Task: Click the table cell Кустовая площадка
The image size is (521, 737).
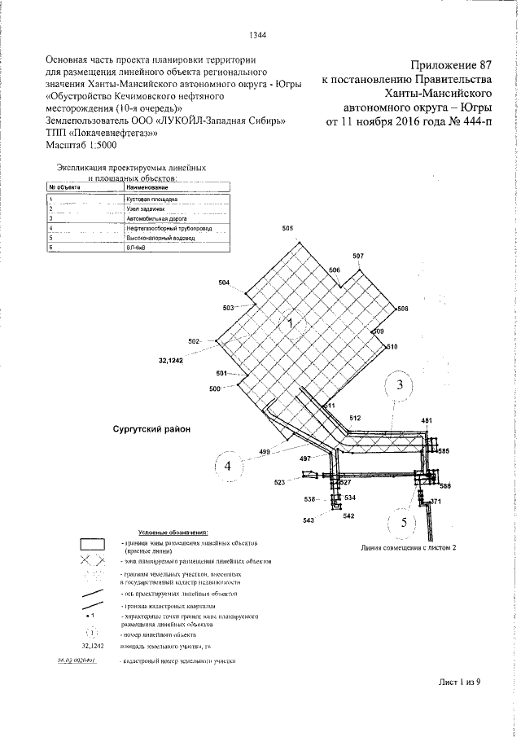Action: pyautogui.click(x=147, y=198)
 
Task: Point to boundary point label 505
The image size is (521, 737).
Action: pyautogui.click(x=287, y=229)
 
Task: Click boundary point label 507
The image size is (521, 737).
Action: pyautogui.click(x=358, y=257)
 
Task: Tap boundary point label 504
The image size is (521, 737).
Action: pyautogui.click(x=225, y=283)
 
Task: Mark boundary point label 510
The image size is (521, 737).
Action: pyautogui.click(x=392, y=347)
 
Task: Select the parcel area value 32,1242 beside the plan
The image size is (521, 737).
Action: pyautogui.click(x=165, y=359)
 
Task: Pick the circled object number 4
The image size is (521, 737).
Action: pyautogui.click(x=229, y=467)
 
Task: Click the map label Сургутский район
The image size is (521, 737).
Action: pyautogui.click(x=151, y=428)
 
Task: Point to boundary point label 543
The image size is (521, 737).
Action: pyautogui.click(x=309, y=519)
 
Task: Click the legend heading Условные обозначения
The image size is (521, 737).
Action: pyautogui.click(x=173, y=531)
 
